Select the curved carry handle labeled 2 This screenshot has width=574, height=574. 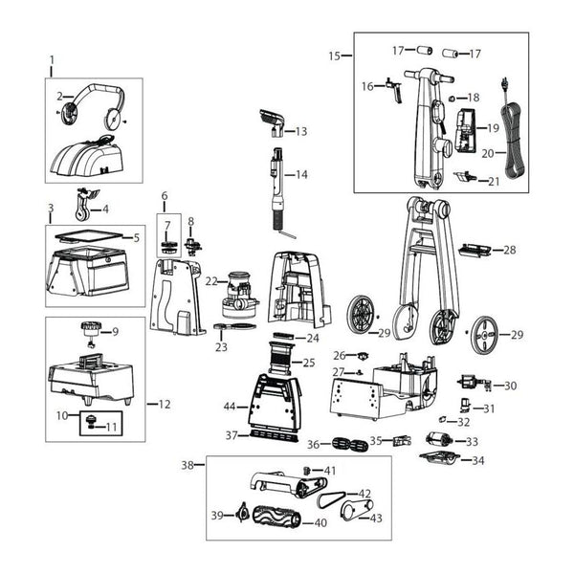tap(93, 99)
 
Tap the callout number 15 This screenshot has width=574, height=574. tap(334, 56)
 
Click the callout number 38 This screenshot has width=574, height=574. tap(188, 466)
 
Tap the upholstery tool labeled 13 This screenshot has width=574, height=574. tap(271, 122)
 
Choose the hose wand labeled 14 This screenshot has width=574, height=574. tap(277, 182)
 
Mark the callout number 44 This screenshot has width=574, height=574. tap(230, 407)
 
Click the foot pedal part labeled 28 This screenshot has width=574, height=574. tap(475, 251)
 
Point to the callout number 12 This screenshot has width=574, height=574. tap(165, 404)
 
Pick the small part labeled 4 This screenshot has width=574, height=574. tap(83, 207)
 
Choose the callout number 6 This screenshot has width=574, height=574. tap(164, 196)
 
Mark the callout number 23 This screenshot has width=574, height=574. tap(222, 348)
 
